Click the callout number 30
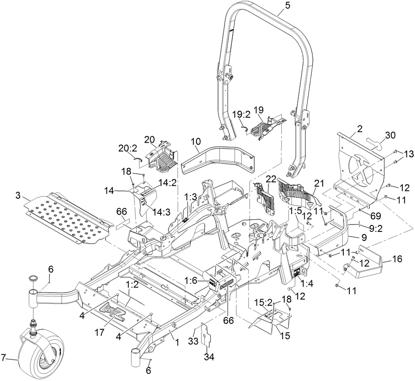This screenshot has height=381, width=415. pos(390,135)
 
